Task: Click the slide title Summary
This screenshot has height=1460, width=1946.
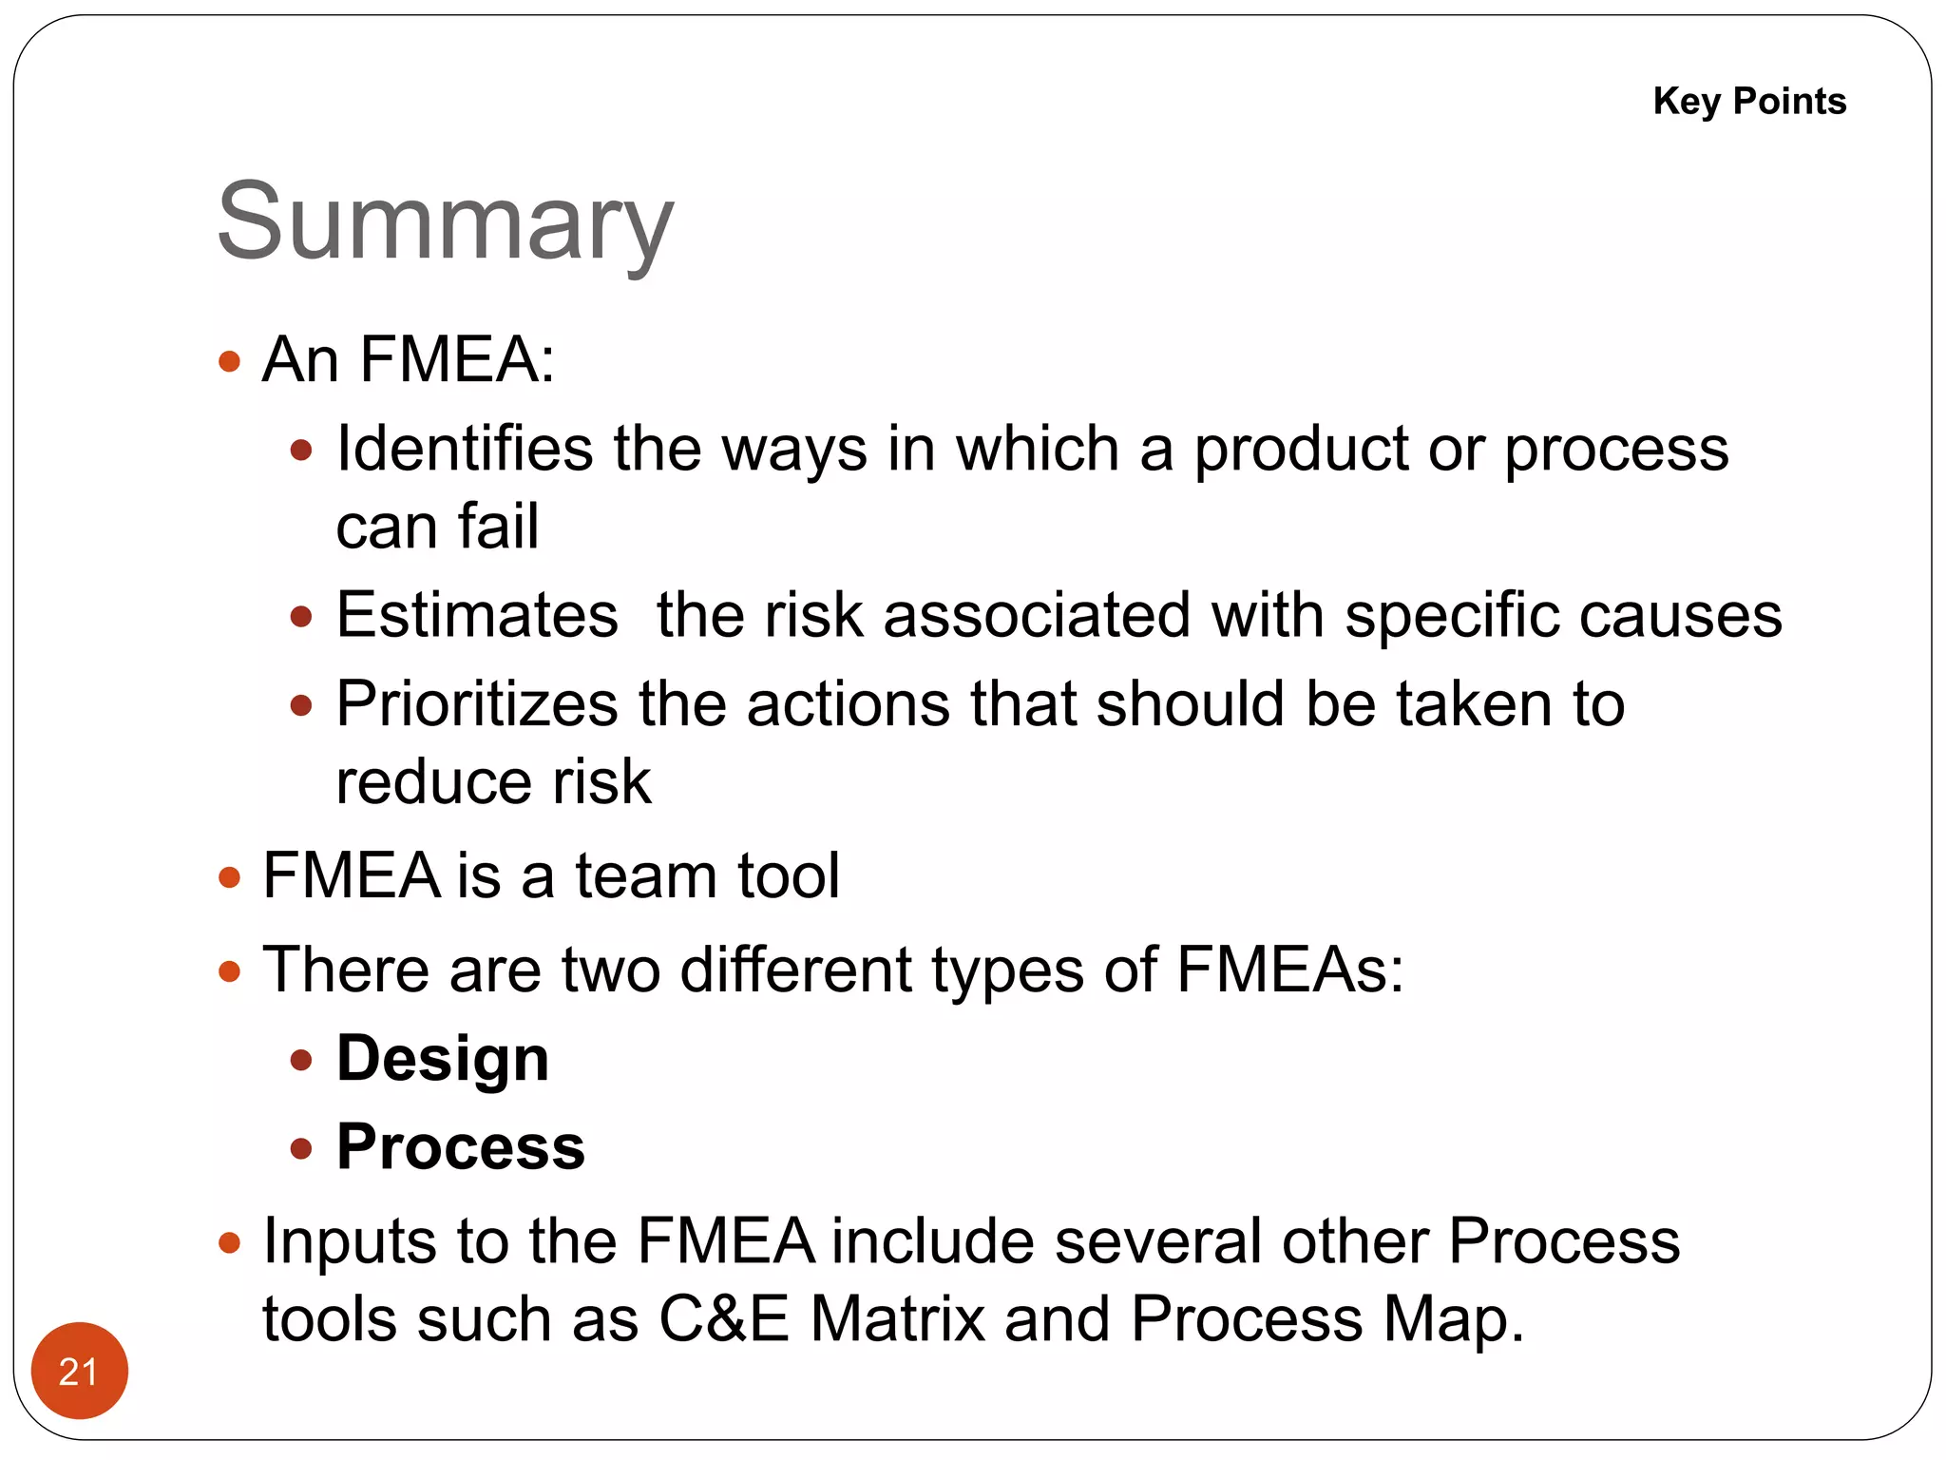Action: pyautogui.click(x=445, y=224)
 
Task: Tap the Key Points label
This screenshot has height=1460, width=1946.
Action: pyautogui.click(x=1749, y=101)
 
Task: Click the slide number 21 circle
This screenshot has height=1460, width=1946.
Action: pyautogui.click(x=79, y=1371)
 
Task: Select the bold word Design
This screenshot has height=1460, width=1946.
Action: pyautogui.click(x=443, y=1059)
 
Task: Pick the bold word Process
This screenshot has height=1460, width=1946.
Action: pyautogui.click(x=461, y=1147)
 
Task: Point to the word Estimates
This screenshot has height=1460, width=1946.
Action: pyautogui.click(x=477, y=615)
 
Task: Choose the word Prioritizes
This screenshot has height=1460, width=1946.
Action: pyautogui.click(x=477, y=704)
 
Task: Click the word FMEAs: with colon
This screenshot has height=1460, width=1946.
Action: pyautogui.click(x=1289, y=970)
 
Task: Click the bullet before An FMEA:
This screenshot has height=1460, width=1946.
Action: pyautogui.click(x=229, y=361)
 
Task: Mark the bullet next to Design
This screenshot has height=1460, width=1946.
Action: pyautogui.click(x=301, y=1060)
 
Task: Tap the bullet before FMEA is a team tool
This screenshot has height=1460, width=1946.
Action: pyautogui.click(x=229, y=876)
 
